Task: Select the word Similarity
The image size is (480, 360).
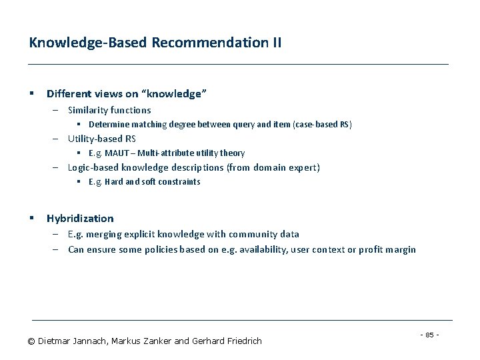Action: pos(87,110)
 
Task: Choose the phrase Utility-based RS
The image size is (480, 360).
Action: pos(101,139)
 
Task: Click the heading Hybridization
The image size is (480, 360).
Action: pos(80,218)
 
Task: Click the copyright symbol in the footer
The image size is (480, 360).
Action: pos(31,341)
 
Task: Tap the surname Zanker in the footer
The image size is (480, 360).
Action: pos(155,341)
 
